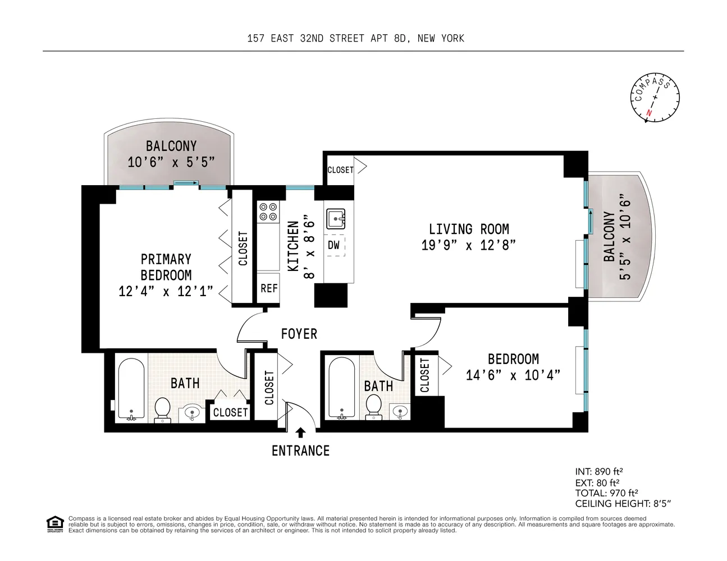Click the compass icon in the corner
(655, 98)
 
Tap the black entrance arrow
(300, 432)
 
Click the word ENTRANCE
(300, 450)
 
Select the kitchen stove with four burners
(268, 212)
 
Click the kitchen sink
(336, 218)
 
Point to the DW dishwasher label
(334, 245)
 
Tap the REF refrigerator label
(269, 288)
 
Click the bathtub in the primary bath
(131, 389)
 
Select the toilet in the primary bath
(163, 409)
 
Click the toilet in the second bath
(373, 407)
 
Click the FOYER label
(299, 334)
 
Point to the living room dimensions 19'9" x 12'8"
(468, 245)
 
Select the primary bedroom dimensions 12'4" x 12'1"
(166, 291)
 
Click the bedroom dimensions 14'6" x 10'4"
(513, 375)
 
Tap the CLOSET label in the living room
(340, 170)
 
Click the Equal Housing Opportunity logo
(54, 524)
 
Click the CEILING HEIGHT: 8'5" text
(623, 504)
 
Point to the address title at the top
(355, 38)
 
